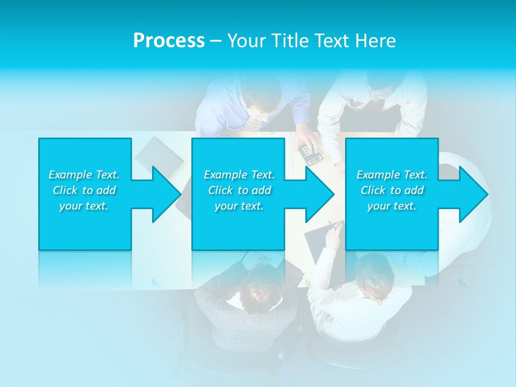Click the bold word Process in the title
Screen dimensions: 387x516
pos(169,41)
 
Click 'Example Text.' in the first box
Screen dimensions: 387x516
pos(84,175)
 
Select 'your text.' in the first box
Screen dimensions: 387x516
pos(84,206)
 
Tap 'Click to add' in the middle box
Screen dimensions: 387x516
pos(239,190)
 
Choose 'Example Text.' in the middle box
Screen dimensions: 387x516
pos(239,175)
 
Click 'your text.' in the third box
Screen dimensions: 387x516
pos(392,206)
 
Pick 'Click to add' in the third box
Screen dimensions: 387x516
pos(392,190)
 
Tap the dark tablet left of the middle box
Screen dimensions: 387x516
pos(152,155)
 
